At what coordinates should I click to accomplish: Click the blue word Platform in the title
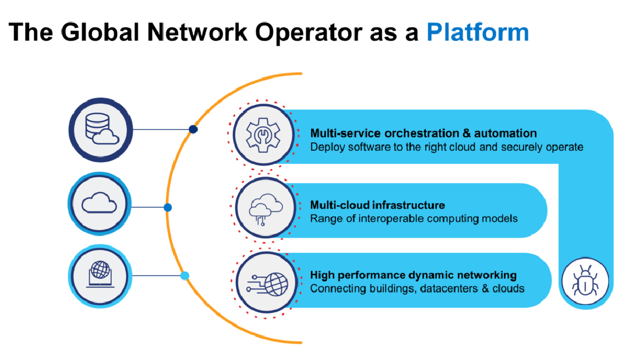478,32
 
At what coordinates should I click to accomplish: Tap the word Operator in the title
309,33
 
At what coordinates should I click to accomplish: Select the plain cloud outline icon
99,203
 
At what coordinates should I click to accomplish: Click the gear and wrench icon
263,135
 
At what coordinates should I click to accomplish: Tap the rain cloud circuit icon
266,209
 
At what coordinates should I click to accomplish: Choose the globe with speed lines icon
267,284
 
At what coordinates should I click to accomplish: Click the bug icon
585,281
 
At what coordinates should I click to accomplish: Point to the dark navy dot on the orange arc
193,129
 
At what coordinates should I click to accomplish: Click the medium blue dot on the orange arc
168,207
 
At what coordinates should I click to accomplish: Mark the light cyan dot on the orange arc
185,276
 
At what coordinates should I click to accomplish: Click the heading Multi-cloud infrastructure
377,205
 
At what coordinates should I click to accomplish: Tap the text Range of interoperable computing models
414,218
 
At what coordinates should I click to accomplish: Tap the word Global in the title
100,32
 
